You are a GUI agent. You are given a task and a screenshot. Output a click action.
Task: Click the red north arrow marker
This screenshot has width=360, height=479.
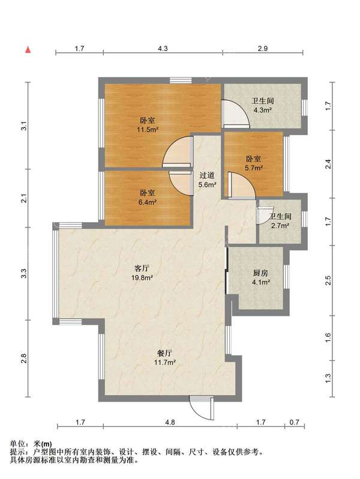click(x=28, y=49)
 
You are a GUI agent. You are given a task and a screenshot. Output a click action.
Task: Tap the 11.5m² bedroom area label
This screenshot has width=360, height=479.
click(x=148, y=130)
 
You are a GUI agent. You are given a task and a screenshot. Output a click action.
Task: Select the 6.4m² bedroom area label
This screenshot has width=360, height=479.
click(x=148, y=202)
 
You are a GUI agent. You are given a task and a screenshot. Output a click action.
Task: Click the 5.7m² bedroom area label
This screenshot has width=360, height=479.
click(x=253, y=167)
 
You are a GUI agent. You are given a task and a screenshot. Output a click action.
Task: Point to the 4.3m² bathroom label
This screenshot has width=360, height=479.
click(x=263, y=110)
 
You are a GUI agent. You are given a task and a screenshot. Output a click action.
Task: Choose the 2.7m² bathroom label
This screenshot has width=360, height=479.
click(x=280, y=226)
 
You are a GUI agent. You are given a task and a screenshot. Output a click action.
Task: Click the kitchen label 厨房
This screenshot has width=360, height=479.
click(x=260, y=273)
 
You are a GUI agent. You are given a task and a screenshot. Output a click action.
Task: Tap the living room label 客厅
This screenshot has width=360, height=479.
click(x=142, y=268)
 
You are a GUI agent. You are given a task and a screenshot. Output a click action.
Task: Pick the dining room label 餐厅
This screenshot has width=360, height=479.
click(x=165, y=354)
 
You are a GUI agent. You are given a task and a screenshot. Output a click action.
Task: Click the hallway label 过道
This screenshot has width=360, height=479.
click(x=207, y=175)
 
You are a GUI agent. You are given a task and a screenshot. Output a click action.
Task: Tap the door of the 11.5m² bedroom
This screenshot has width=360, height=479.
click(x=178, y=152)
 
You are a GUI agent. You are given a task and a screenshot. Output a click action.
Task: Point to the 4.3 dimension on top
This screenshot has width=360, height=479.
click(x=163, y=49)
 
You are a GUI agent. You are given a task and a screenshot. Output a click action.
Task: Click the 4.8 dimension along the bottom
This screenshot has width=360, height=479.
click(x=170, y=423)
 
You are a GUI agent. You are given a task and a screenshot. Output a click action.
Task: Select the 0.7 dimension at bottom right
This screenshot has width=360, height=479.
click(x=295, y=423)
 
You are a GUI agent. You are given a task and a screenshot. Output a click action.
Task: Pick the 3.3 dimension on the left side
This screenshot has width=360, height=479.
click(x=24, y=273)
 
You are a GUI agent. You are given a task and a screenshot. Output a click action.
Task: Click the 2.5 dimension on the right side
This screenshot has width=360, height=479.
click(x=328, y=280)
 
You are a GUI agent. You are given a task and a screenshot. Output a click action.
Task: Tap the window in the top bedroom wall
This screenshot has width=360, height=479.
click(x=181, y=80)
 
